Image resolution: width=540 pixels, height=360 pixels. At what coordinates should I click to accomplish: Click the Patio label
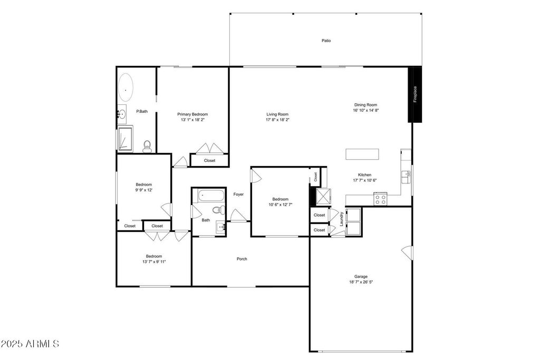click(326, 41)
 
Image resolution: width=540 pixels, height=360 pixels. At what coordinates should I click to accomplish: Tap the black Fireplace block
click(415, 94)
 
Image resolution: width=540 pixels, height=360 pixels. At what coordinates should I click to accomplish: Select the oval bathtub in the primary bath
click(125, 87)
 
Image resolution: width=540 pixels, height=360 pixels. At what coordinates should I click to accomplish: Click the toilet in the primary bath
click(147, 145)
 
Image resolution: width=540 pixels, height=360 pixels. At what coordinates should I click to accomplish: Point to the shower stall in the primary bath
click(125, 139)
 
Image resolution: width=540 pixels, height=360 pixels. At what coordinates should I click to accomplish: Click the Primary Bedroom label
click(192, 114)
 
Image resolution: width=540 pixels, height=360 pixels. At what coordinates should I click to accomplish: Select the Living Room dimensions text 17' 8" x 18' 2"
click(277, 120)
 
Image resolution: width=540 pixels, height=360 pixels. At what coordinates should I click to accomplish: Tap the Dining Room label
click(365, 105)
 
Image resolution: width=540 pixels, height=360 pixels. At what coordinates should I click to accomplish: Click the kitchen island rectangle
click(362, 154)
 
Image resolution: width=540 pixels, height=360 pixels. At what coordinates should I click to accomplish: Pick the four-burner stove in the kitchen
click(380, 200)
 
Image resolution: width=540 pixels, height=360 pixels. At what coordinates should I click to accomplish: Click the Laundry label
click(342, 219)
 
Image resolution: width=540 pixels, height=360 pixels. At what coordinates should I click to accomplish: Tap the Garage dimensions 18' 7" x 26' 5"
click(361, 282)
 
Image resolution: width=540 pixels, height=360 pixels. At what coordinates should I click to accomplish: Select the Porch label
click(242, 259)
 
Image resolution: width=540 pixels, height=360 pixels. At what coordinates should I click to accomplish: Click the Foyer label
click(238, 194)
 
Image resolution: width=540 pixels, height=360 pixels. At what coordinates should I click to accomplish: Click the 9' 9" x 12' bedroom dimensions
click(144, 190)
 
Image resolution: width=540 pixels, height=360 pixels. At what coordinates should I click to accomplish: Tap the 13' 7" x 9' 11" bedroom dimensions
click(154, 261)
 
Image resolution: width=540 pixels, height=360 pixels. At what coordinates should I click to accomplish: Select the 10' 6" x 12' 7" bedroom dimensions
click(280, 205)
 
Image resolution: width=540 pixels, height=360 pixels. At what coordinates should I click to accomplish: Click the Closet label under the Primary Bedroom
click(209, 160)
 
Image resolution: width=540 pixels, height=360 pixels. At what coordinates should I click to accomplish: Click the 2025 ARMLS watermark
click(30, 344)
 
